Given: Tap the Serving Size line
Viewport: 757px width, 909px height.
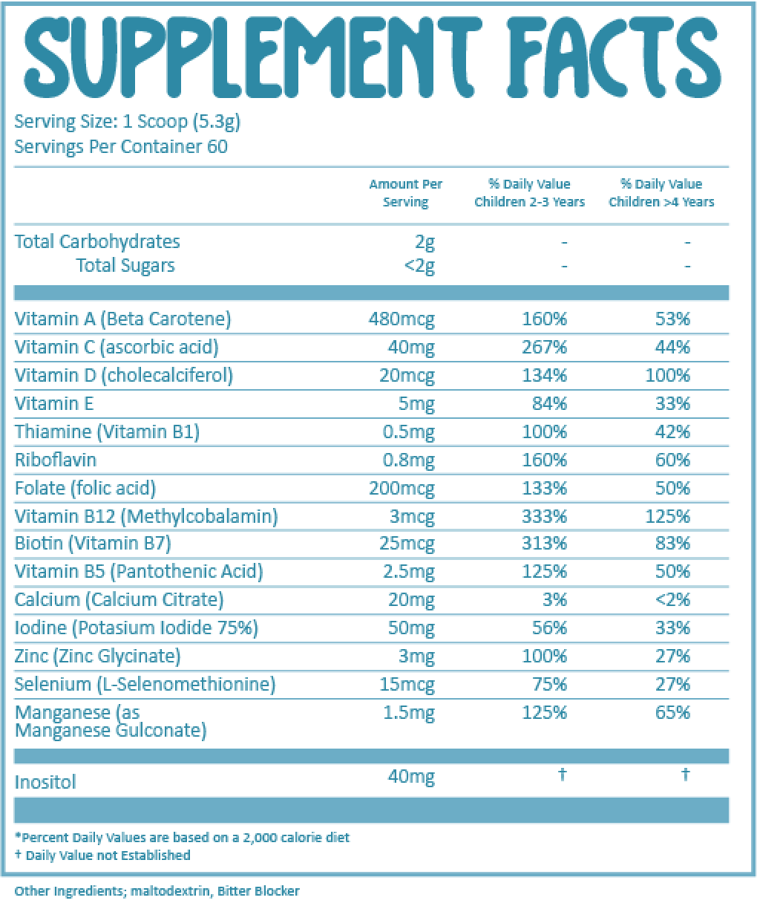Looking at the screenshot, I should (x=127, y=122).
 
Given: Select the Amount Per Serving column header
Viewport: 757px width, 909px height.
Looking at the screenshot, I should (x=405, y=193).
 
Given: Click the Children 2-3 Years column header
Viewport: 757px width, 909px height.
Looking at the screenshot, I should (x=529, y=193).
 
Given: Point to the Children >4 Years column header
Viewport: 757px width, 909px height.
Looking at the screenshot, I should (x=661, y=193).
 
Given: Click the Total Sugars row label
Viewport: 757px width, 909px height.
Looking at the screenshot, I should (x=125, y=265).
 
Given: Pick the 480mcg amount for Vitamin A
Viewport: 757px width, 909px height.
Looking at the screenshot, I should (x=402, y=319).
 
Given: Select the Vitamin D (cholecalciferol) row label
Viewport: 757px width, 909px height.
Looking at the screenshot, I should (x=123, y=376).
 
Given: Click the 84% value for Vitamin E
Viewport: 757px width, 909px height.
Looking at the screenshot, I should (x=554, y=404).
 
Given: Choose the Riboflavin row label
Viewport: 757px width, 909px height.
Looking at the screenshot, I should (x=56, y=460).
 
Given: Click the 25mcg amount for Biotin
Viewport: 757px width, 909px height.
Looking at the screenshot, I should (x=407, y=544).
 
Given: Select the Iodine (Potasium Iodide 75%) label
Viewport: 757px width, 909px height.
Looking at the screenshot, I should (x=136, y=628).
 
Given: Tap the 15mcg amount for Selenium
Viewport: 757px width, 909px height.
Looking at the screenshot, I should (x=407, y=685).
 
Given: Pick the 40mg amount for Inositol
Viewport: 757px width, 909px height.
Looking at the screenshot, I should (x=411, y=777).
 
